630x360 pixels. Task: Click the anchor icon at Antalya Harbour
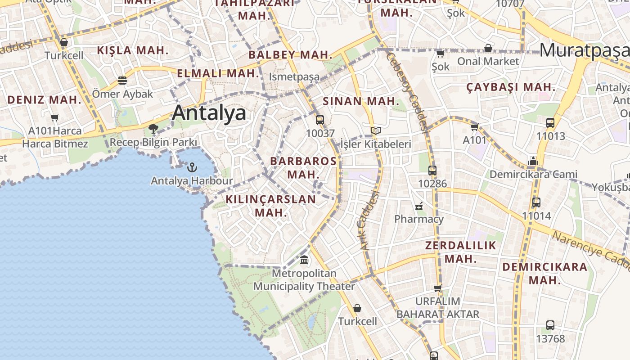pyautogui.click(x=192, y=167)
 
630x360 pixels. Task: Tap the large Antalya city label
pyautogui.click(x=209, y=113)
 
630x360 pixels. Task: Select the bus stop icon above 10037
pyautogui.click(x=320, y=120)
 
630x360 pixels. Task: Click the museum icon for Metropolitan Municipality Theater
pyautogui.click(x=304, y=260)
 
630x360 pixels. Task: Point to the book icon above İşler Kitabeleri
pyautogui.click(x=376, y=131)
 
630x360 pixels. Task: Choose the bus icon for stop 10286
pyautogui.click(x=432, y=171)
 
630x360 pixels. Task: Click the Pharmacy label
pyautogui.click(x=419, y=219)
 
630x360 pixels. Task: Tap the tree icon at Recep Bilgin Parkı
pyautogui.click(x=153, y=129)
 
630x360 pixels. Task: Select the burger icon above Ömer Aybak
pyautogui.click(x=122, y=81)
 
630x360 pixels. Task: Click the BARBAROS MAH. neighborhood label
pyautogui.click(x=303, y=167)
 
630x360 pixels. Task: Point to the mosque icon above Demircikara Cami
pyautogui.click(x=533, y=161)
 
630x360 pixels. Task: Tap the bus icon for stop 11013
pyautogui.click(x=550, y=123)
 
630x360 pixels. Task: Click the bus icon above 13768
pyautogui.click(x=550, y=325)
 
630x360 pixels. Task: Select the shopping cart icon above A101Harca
pyautogui.click(x=55, y=118)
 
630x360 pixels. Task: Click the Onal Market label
pyautogui.click(x=488, y=61)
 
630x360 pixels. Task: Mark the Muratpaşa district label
pyautogui.click(x=584, y=50)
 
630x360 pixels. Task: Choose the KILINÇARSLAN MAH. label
pyautogui.click(x=271, y=206)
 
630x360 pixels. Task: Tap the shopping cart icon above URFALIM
pyautogui.click(x=438, y=288)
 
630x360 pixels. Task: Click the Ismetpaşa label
pyautogui.click(x=294, y=77)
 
